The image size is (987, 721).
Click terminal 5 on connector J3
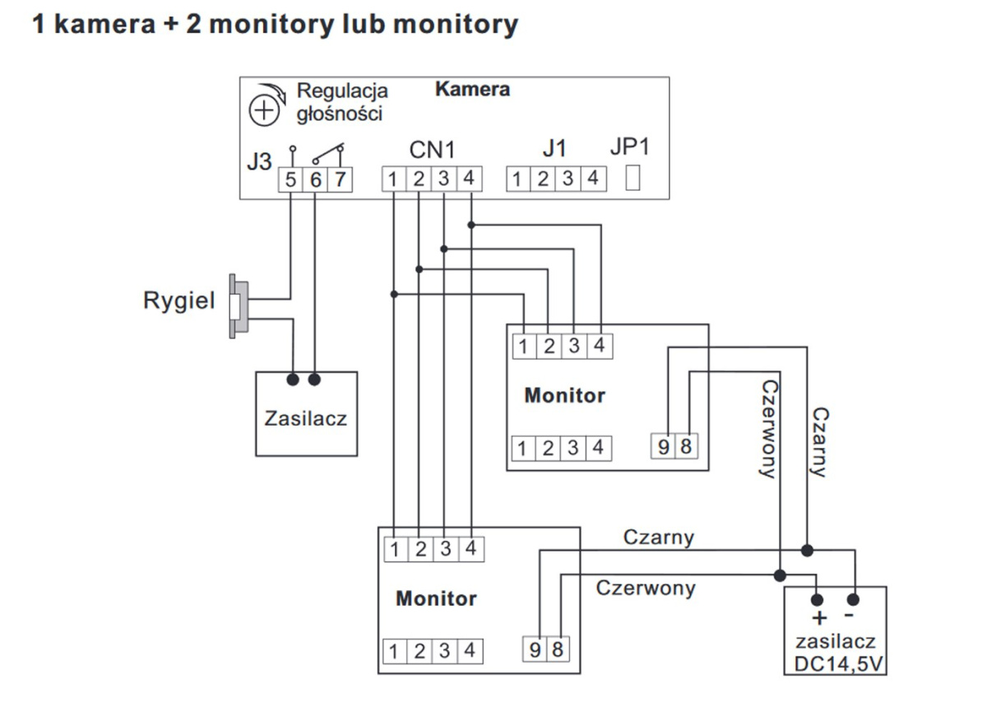291,179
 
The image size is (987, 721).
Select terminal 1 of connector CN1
395,179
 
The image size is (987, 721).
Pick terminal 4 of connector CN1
469,179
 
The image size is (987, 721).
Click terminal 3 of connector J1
568,179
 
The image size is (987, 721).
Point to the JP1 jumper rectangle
633,178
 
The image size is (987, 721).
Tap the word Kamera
472,89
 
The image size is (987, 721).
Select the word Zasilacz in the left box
306,418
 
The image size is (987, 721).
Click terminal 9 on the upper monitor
664,448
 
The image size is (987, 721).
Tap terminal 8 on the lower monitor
557,650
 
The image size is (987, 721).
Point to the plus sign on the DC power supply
819,618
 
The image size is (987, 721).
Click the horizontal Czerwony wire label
645,588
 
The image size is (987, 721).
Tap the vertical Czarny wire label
818,441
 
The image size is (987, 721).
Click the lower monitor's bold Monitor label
436,598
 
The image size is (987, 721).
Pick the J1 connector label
554,149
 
